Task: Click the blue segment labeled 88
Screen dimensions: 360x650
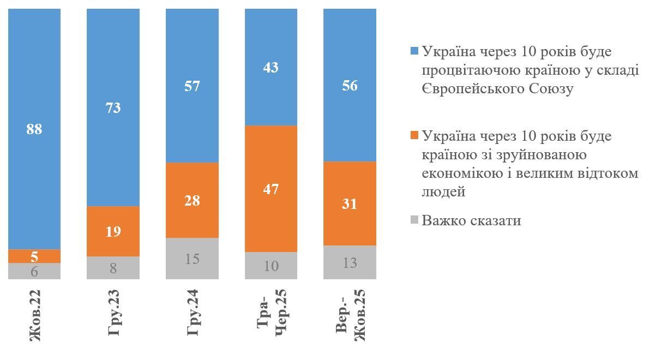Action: coord(34,129)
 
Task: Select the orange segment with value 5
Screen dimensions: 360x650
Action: coord(34,256)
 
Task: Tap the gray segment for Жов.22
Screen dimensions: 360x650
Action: coord(34,271)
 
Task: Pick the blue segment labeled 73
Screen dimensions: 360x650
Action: coord(113,107)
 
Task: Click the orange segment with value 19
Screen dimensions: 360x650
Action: coord(113,231)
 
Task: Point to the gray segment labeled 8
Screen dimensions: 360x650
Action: coord(113,268)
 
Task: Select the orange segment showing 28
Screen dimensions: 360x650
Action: coord(192,200)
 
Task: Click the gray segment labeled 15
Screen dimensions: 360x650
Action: coord(192,259)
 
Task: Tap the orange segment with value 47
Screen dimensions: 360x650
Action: coord(271,189)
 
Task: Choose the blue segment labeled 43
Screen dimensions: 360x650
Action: coord(271,67)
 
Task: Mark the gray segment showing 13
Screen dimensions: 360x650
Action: coord(350,262)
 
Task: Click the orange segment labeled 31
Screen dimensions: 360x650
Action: coord(350,203)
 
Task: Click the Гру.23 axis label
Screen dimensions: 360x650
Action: coord(113,316)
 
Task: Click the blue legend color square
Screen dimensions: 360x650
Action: coord(414,51)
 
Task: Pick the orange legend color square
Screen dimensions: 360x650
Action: coord(414,135)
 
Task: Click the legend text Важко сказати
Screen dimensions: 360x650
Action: coord(471,220)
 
